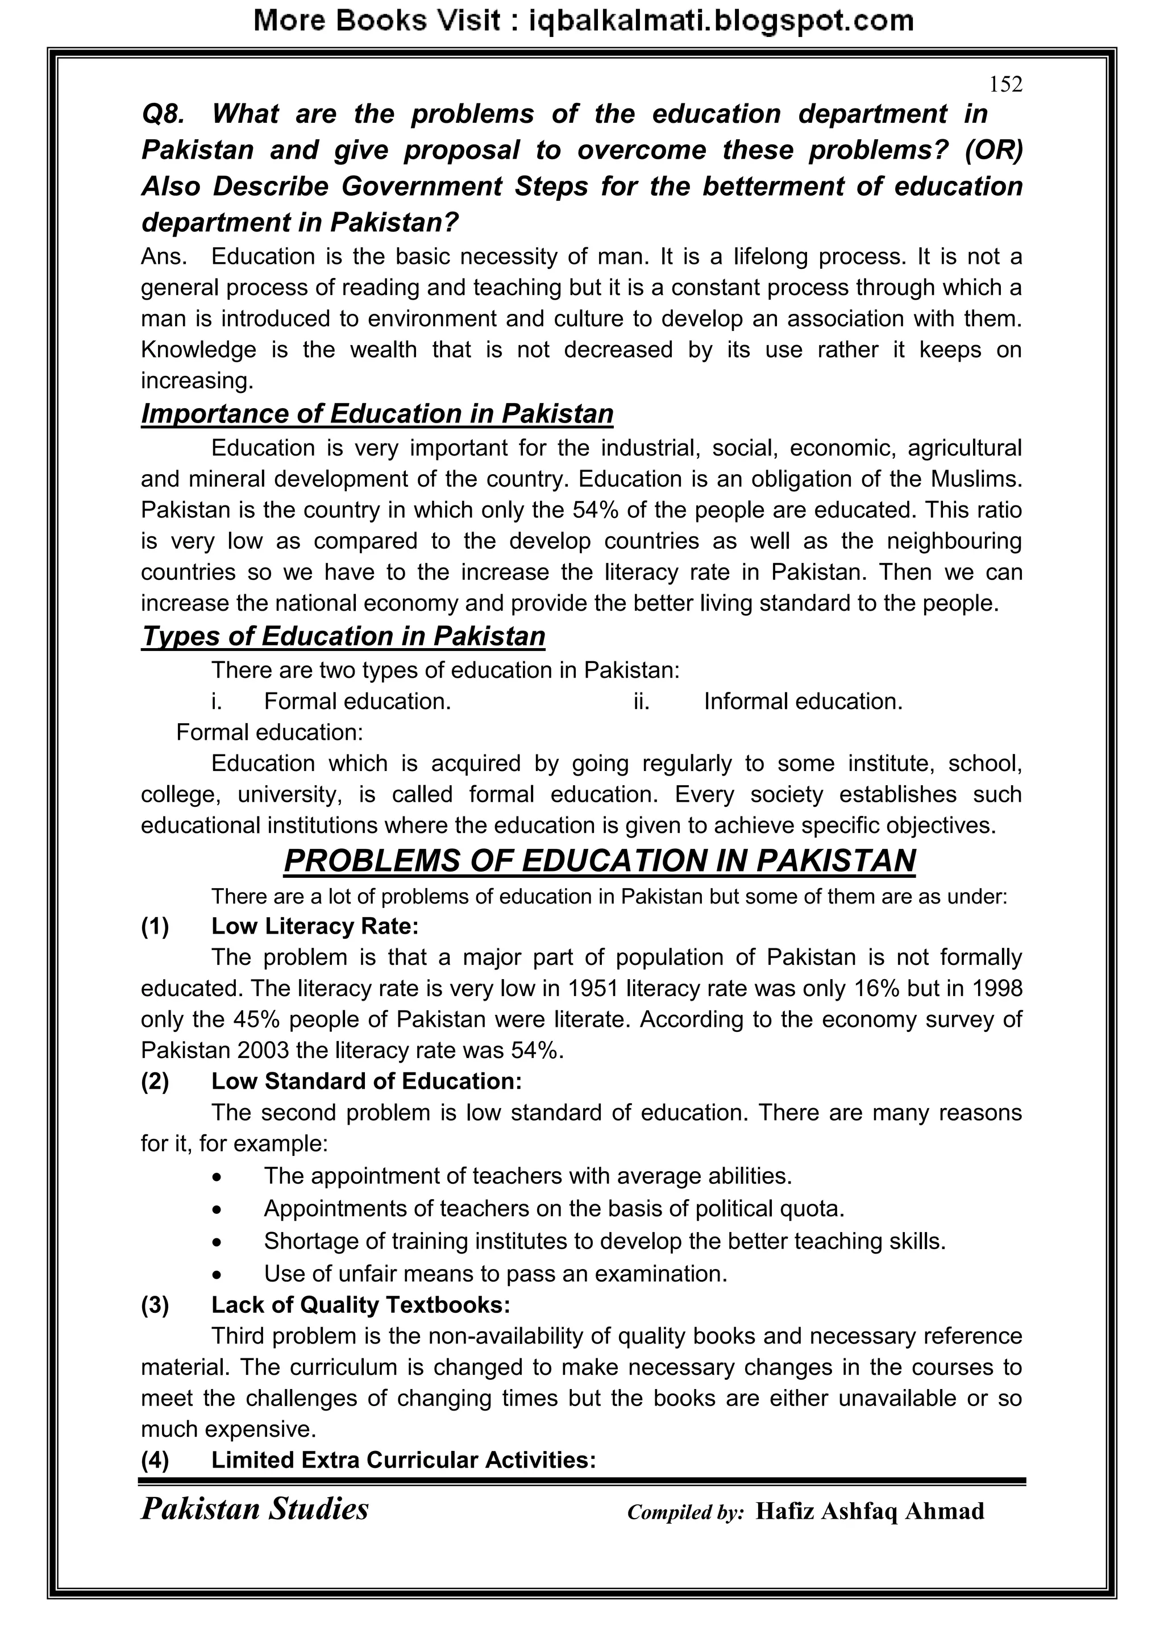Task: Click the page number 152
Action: (x=1005, y=85)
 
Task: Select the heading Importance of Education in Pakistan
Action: (x=377, y=414)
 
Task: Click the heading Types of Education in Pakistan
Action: (x=343, y=636)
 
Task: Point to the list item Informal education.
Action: (x=803, y=701)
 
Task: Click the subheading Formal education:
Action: (x=269, y=732)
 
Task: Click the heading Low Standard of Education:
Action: (x=366, y=1080)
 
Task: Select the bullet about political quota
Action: (x=554, y=1208)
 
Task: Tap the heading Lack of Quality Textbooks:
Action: (x=360, y=1304)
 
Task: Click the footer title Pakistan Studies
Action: (x=255, y=1509)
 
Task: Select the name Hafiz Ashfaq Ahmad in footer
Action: (x=870, y=1511)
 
